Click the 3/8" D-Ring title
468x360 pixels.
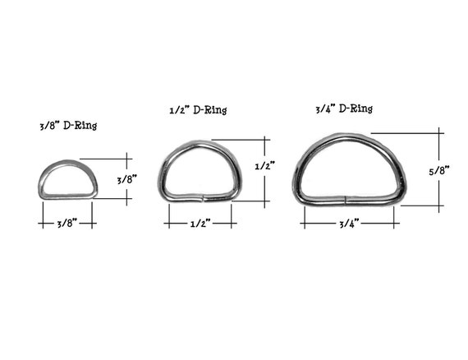[x=68, y=126]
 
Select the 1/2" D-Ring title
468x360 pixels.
[x=198, y=110]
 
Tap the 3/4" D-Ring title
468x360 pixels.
[x=344, y=108]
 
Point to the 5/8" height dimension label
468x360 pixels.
[x=439, y=171]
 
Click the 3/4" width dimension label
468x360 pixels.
[x=349, y=224]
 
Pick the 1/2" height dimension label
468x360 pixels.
[x=264, y=166]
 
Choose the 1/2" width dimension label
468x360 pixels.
[x=200, y=224]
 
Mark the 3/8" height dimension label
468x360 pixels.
[x=126, y=179]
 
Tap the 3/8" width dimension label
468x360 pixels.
[x=67, y=224]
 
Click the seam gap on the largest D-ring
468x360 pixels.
[x=345, y=200]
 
